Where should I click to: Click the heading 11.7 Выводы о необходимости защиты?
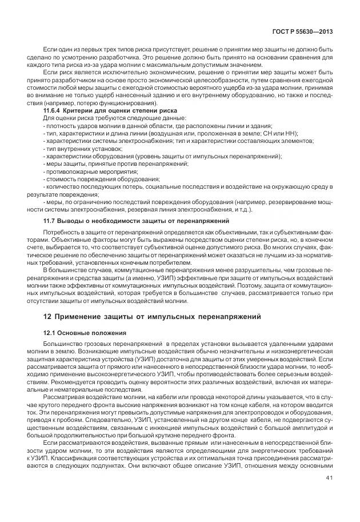click(x=129, y=220)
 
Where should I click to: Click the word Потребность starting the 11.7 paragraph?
click(x=62, y=234)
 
